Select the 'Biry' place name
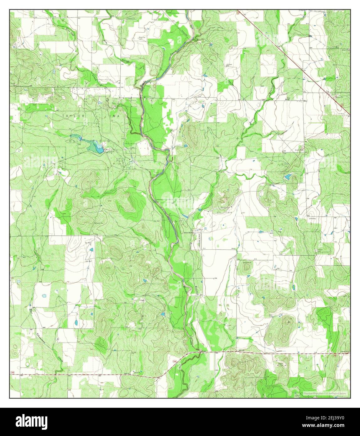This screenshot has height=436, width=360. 306,101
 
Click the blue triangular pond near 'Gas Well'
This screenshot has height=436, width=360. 91,250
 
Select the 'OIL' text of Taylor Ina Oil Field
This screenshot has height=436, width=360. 73,141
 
